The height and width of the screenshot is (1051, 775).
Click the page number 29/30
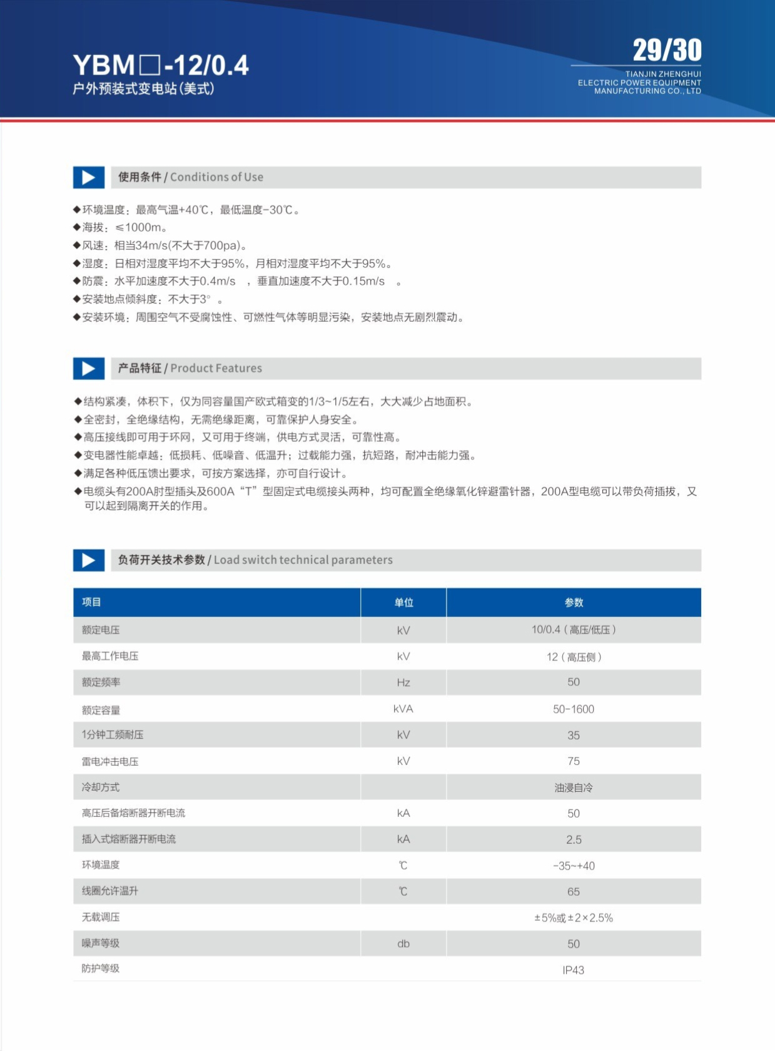(x=667, y=51)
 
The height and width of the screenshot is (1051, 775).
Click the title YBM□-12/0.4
(x=161, y=65)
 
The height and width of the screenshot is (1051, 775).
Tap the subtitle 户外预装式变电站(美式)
(x=143, y=88)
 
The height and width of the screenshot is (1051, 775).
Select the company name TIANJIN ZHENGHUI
(x=663, y=74)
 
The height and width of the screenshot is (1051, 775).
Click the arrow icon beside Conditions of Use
(x=89, y=178)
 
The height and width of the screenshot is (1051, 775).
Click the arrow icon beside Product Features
(x=89, y=369)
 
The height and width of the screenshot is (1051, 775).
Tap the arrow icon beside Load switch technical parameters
(x=89, y=560)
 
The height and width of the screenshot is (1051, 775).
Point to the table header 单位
(x=403, y=602)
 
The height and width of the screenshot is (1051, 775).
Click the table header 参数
(x=574, y=602)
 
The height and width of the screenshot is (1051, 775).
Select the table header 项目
(x=91, y=602)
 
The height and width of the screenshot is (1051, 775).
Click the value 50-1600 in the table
(x=574, y=709)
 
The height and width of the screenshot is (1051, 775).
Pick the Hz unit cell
(x=403, y=682)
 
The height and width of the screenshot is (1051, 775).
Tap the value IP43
(x=574, y=970)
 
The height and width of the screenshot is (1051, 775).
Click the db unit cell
(x=403, y=943)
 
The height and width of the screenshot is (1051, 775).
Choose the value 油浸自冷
(x=574, y=787)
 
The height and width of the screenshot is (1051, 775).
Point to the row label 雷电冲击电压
(x=110, y=761)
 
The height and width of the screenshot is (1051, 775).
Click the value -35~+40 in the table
(x=574, y=866)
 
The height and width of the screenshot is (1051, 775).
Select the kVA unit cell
(x=403, y=709)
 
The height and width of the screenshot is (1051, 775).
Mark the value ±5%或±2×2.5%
(x=574, y=918)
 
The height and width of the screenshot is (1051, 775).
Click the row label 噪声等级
(x=101, y=943)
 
